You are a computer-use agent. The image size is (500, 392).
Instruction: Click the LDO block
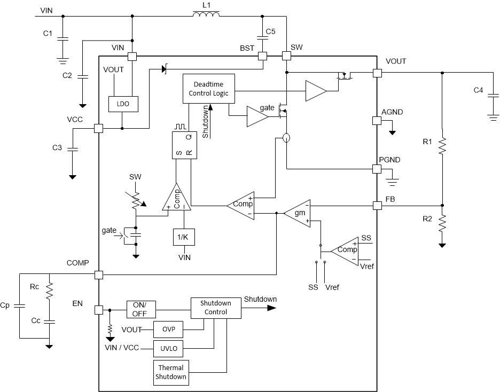tap(123, 104)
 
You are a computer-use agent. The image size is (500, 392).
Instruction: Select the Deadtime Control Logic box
tap(208, 88)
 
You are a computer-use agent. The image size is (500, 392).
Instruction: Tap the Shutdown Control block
tap(209, 308)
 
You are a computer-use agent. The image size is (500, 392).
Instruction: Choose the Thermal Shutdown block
tap(171, 372)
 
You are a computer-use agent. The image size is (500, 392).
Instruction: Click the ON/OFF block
tap(141, 309)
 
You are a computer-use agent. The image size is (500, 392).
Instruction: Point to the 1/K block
tap(184, 236)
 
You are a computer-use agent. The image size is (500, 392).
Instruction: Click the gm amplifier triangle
tap(296, 213)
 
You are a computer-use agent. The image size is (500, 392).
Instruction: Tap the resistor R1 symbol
tap(442, 144)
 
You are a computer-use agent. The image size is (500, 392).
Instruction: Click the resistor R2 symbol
tap(442, 223)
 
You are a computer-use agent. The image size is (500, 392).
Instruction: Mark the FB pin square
tap(377, 206)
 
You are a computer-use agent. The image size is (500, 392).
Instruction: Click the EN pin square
tap(98, 310)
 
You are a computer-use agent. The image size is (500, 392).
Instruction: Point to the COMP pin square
tap(98, 275)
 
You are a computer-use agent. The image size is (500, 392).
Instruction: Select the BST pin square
tap(262, 56)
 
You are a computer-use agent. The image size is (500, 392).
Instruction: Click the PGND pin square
tap(377, 169)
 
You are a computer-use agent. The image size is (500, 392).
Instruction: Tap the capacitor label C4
tap(479, 90)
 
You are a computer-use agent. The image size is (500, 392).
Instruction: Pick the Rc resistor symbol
tap(49, 292)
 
